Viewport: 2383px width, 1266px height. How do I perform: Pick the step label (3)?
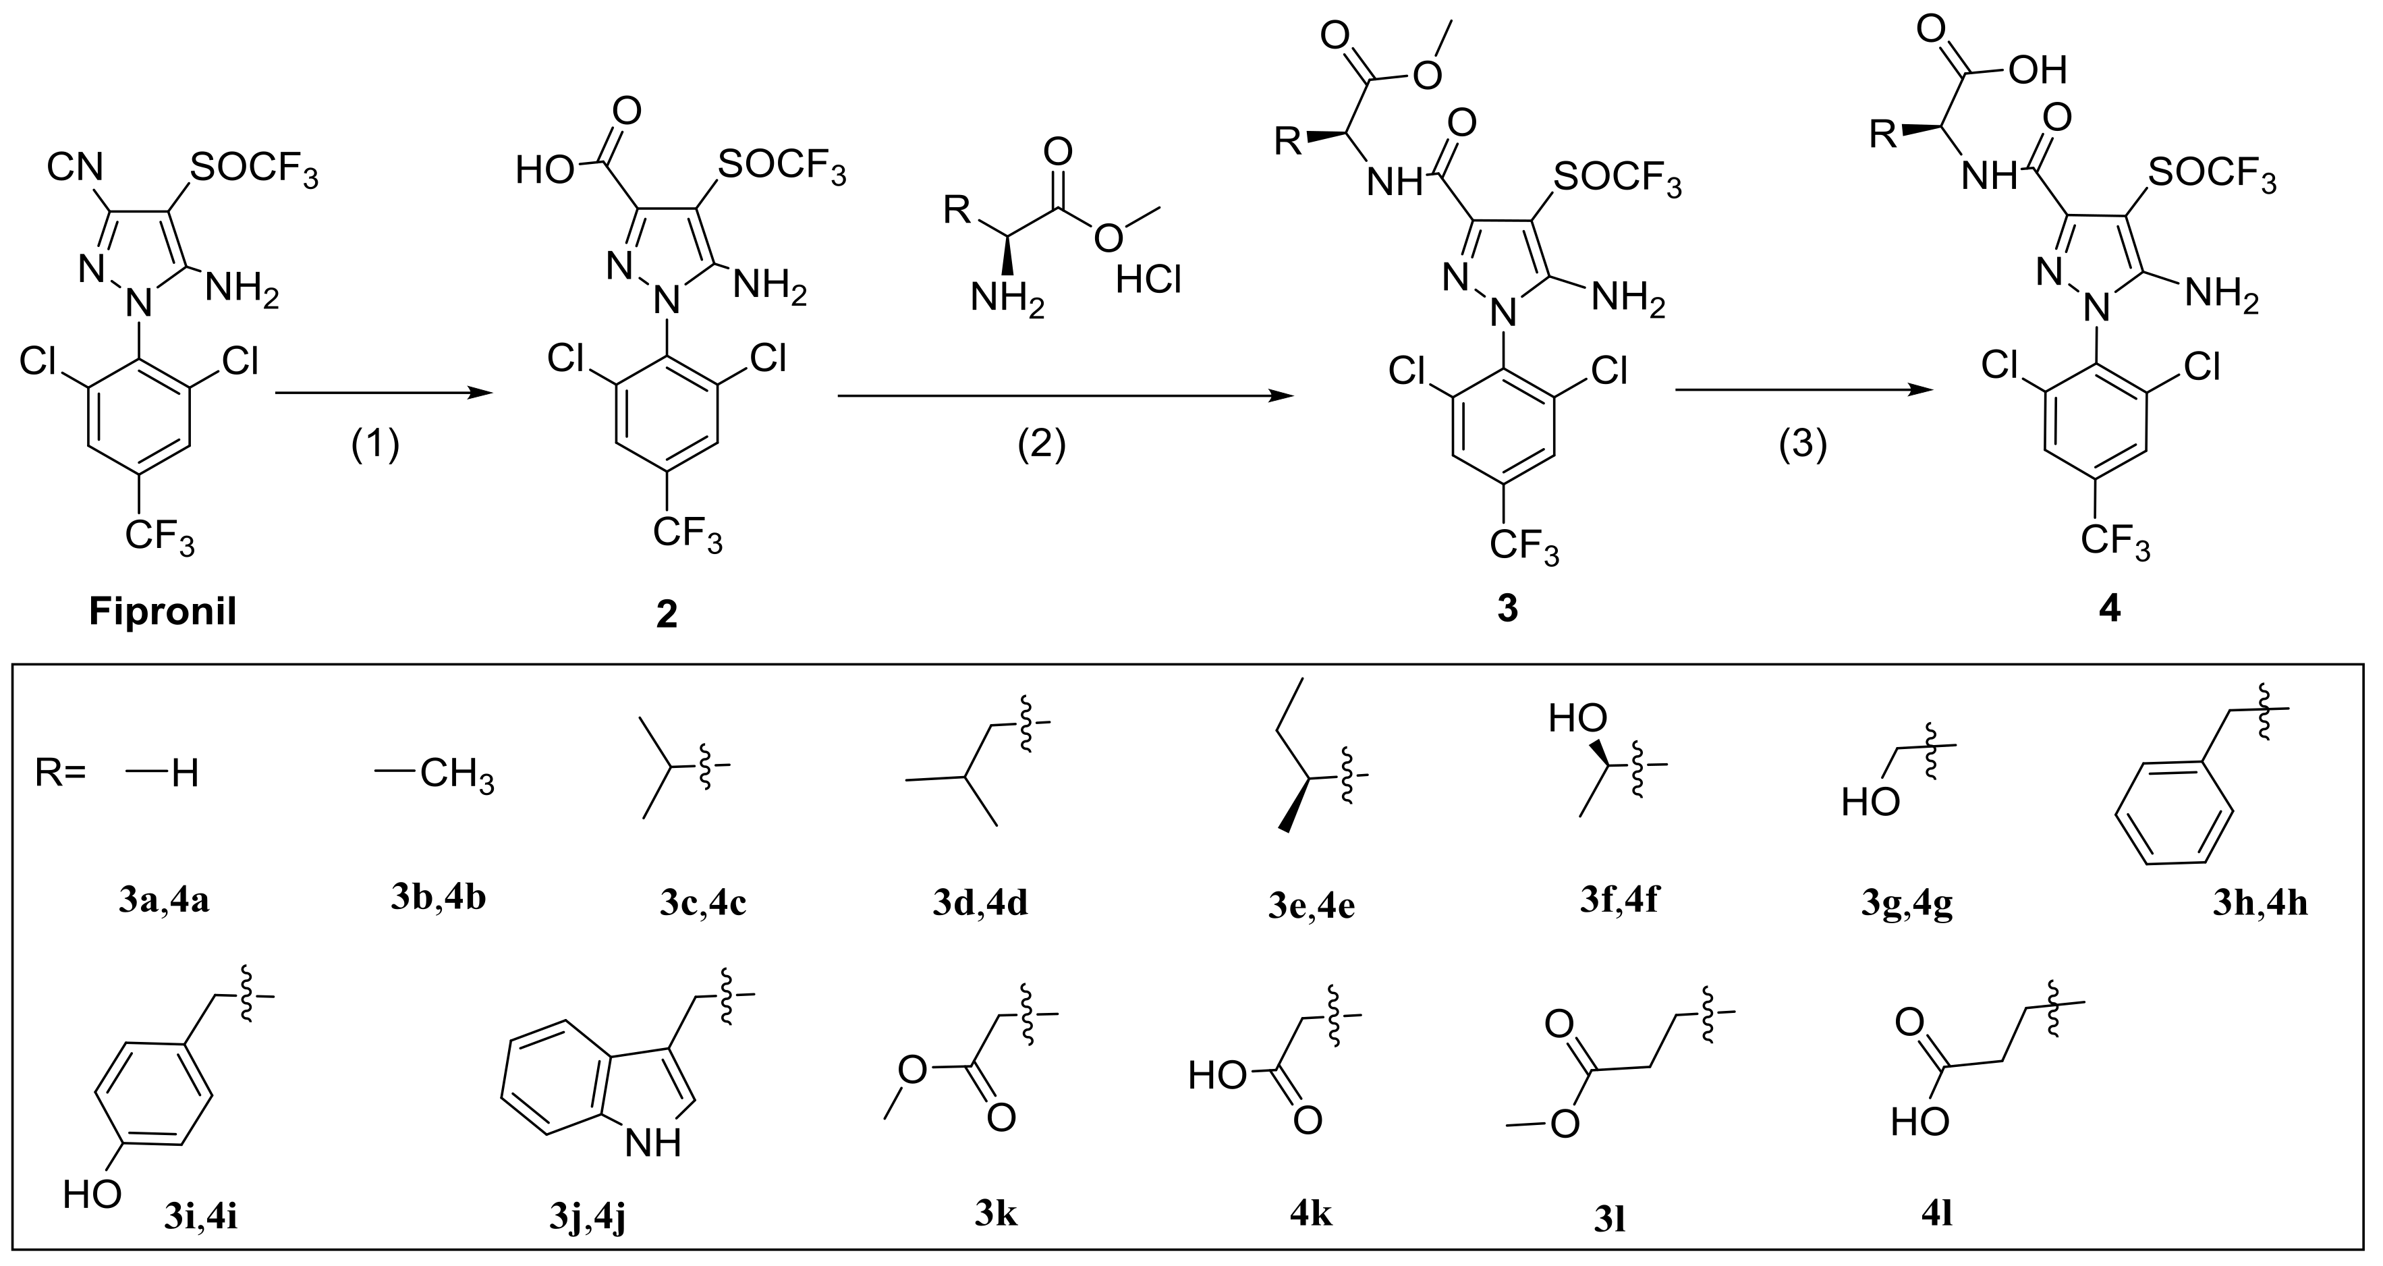[x=1803, y=445]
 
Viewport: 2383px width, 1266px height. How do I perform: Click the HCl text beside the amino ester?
[x=1149, y=279]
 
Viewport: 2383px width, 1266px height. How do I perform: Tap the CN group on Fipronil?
[x=76, y=169]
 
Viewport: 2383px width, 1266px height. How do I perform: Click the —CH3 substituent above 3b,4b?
[x=434, y=773]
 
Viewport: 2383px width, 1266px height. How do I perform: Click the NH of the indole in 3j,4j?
[x=653, y=1144]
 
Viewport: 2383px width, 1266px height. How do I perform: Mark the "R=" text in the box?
[x=61, y=773]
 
